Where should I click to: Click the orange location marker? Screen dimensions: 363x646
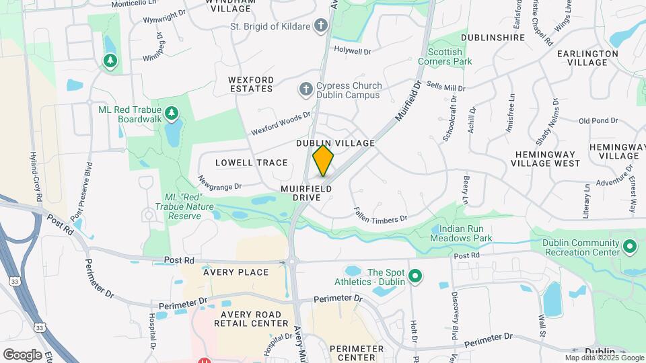(x=324, y=160)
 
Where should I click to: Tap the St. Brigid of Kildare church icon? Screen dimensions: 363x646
(x=321, y=26)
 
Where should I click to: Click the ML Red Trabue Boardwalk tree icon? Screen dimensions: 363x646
(x=172, y=112)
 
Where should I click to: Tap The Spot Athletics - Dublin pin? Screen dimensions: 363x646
(x=415, y=276)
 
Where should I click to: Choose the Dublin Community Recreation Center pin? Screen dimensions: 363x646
(x=630, y=247)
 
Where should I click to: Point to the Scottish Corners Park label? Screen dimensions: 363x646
(x=445, y=56)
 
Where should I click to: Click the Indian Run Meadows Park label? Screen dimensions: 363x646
(x=462, y=233)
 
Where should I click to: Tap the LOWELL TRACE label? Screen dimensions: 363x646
(x=251, y=163)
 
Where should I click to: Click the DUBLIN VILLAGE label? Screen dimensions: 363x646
(x=335, y=143)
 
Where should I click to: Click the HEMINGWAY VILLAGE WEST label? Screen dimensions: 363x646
(x=547, y=159)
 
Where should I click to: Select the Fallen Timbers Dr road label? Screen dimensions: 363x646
(x=381, y=214)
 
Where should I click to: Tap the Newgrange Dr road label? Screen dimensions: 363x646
(x=219, y=182)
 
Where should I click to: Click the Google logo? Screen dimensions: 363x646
(x=22, y=354)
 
